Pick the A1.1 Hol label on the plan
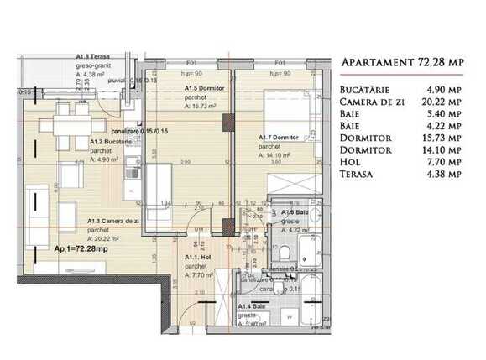pos(197,258)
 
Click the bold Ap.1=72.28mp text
pos(81,248)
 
